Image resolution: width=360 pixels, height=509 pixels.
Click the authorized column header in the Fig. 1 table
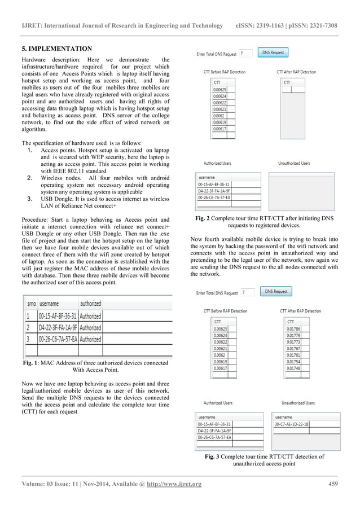tap(90, 303)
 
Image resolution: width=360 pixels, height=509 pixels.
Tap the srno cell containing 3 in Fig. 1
tap(28, 339)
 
